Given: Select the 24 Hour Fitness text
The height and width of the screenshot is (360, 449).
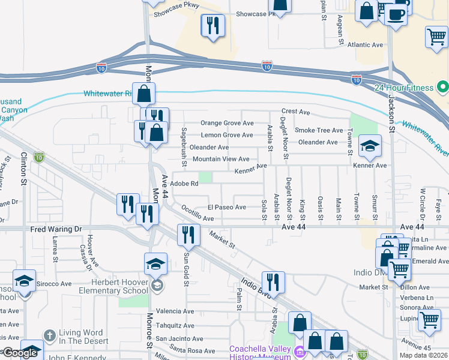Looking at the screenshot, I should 404,88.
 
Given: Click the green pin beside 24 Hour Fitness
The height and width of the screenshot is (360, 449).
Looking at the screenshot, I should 443,88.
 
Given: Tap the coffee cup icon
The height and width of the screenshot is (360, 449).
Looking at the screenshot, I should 396,14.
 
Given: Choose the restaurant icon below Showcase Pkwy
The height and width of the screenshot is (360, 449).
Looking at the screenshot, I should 212,26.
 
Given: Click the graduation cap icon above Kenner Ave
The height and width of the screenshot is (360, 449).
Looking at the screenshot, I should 370,146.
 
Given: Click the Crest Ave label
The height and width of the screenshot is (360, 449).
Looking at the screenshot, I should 296,112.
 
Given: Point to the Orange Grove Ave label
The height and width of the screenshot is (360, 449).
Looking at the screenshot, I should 227,123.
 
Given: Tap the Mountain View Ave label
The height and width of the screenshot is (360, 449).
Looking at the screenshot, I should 221,159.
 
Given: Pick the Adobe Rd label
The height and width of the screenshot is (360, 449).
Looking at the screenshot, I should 184,184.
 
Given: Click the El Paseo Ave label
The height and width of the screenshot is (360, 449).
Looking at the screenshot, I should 227,208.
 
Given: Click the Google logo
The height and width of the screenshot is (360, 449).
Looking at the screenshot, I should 20,352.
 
